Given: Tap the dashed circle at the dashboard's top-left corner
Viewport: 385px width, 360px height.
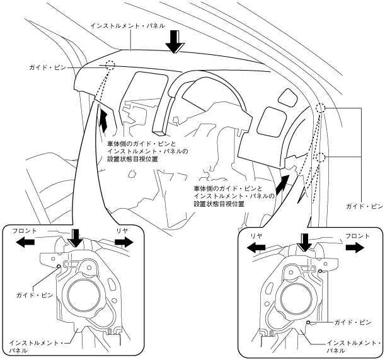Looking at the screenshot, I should point(111,65).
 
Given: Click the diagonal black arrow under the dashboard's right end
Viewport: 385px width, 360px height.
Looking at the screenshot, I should point(282,182).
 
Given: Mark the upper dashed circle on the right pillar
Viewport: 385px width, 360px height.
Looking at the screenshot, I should point(320,108).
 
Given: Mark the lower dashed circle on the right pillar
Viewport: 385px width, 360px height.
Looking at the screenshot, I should point(321,157).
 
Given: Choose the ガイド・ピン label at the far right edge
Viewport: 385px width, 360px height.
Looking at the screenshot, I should point(364,206).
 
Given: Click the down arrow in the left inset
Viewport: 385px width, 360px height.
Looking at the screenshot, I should point(76,238).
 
